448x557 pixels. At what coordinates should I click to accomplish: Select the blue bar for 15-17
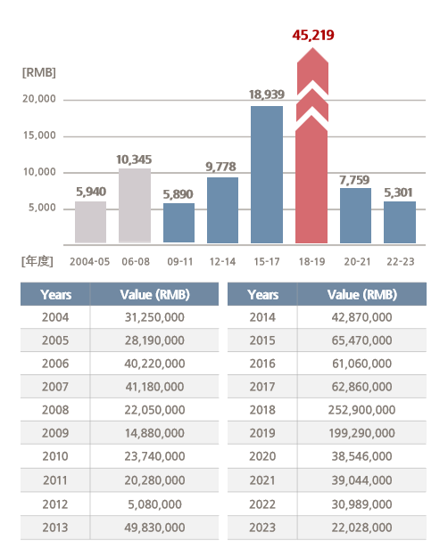pyautogui.click(x=267, y=175)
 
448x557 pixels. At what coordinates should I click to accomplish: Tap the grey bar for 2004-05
pyautogui.click(x=90, y=223)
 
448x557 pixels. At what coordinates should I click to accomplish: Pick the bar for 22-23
pyautogui.click(x=400, y=223)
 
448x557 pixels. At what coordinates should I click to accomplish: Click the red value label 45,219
pyautogui.click(x=313, y=35)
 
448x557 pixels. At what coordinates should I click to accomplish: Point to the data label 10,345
pyautogui.click(x=134, y=160)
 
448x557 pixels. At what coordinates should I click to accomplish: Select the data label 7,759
pyautogui.click(x=354, y=180)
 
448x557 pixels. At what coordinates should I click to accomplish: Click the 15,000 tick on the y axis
pyautogui.click(x=39, y=135)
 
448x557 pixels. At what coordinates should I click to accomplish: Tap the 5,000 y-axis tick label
pyautogui.click(x=42, y=208)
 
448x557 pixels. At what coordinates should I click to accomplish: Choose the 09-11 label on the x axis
pyautogui.click(x=180, y=262)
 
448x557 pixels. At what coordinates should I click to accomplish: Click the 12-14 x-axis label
pyautogui.click(x=222, y=262)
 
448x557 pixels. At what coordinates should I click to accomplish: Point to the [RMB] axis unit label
pyautogui.click(x=38, y=72)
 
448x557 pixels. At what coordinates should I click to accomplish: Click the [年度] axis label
pyautogui.click(x=37, y=261)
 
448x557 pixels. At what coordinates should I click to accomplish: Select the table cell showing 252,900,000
pyautogui.click(x=361, y=410)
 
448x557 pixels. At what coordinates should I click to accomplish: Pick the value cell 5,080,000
pyautogui.click(x=154, y=504)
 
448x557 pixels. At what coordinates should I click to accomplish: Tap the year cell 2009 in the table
pyautogui.click(x=55, y=433)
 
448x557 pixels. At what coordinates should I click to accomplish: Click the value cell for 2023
pyautogui.click(x=362, y=528)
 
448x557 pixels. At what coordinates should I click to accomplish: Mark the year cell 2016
pyautogui.click(x=262, y=364)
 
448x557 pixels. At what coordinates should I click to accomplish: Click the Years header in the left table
pyautogui.click(x=56, y=294)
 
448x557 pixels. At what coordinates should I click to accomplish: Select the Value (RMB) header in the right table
pyautogui.click(x=362, y=294)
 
